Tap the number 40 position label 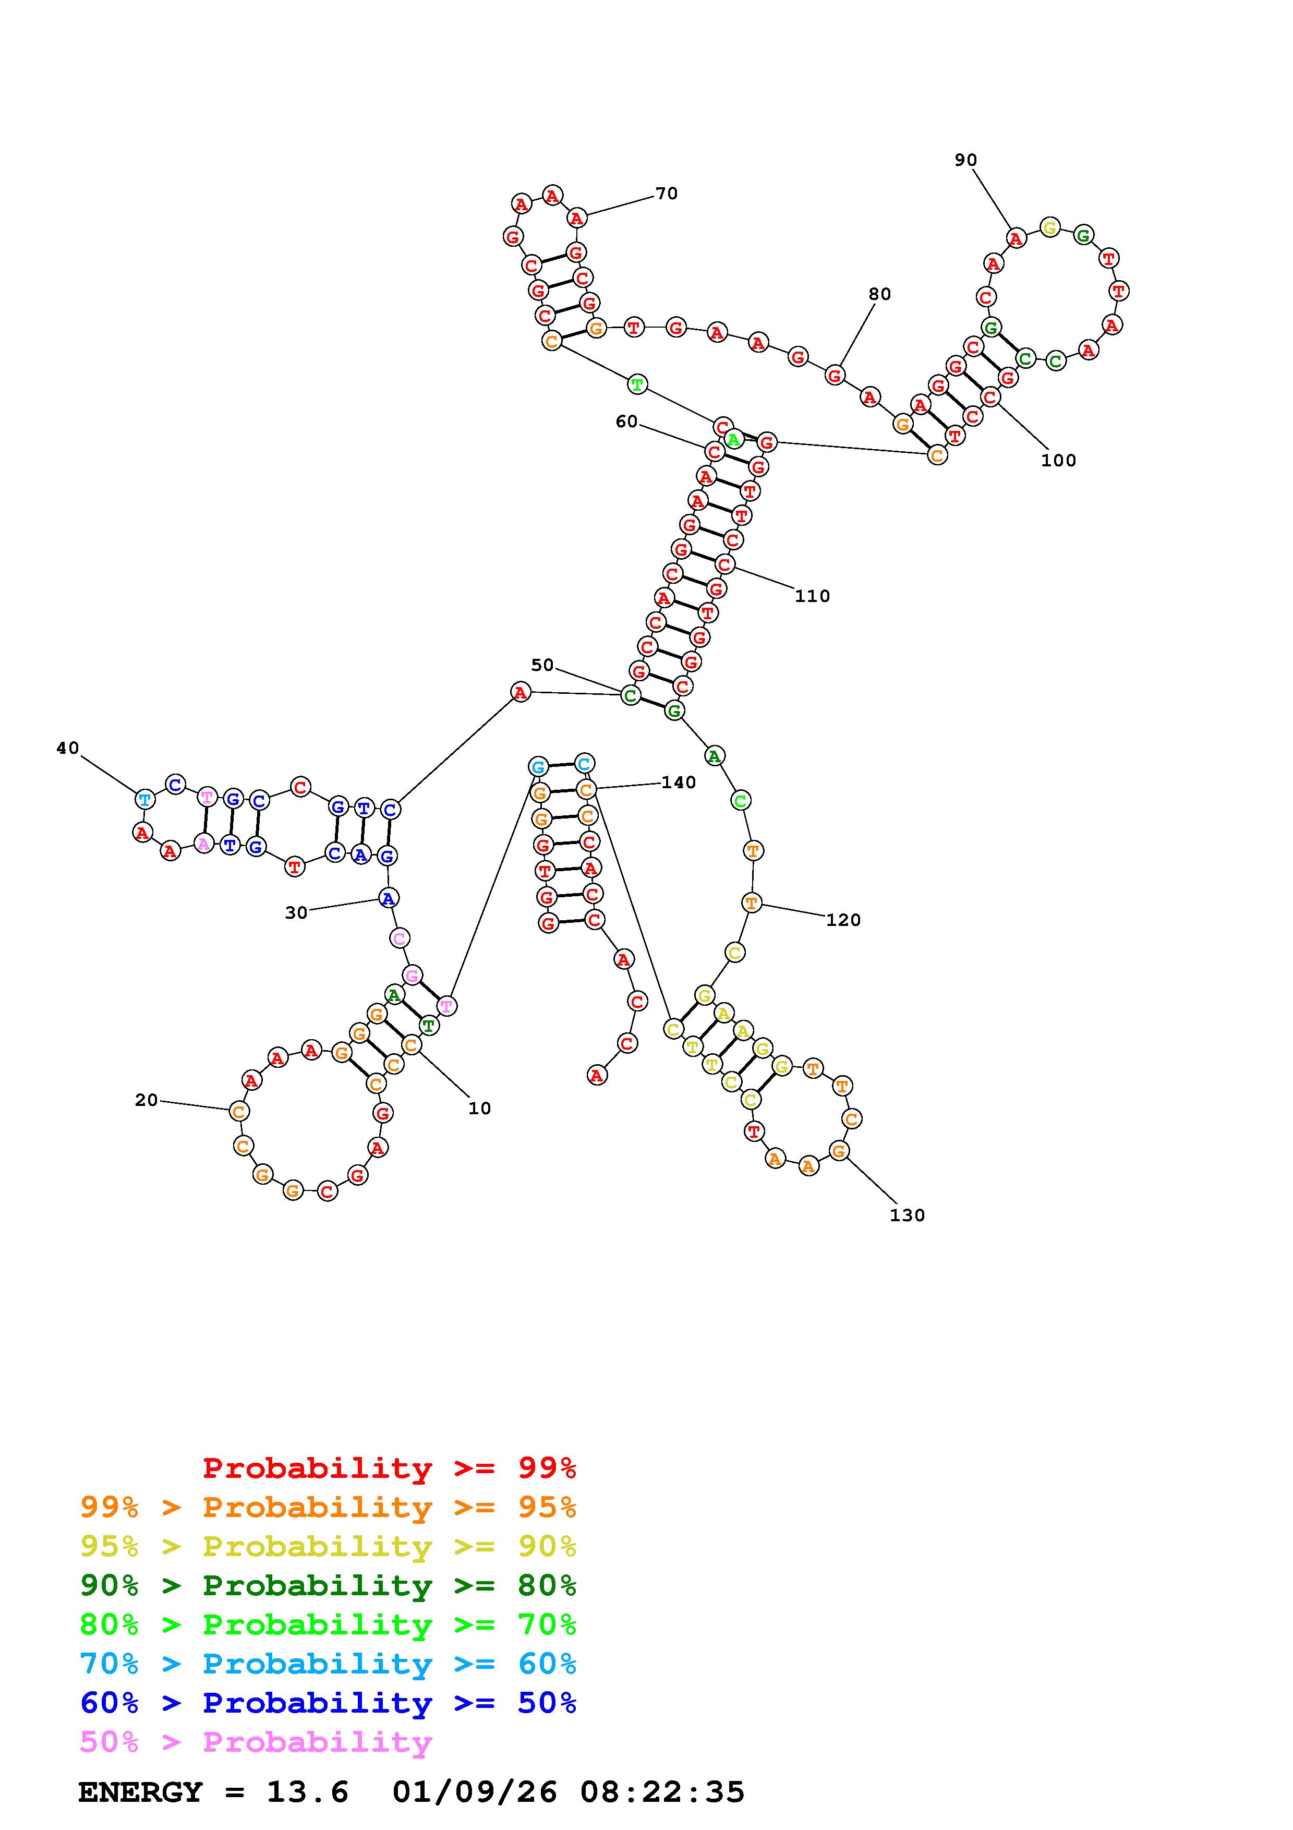[x=68, y=748]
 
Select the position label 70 [x=666, y=194]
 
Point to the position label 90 [x=965, y=160]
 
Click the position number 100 [x=1058, y=461]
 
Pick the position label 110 [x=812, y=596]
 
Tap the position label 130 [x=907, y=1215]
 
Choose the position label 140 [x=678, y=782]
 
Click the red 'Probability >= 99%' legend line [x=390, y=1468]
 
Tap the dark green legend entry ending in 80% [x=328, y=1585]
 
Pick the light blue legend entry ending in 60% [x=328, y=1664]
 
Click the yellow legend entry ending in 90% [x=328, y=1546]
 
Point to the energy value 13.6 [x=308, y=1792]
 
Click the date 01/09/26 [x=475, y=1792]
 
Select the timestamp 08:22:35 [x=662, y=1792]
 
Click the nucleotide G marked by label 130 [x=838, y=1151]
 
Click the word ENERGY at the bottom [x=140, y=1792]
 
